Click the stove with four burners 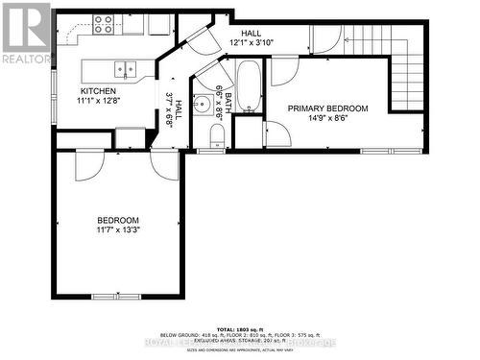104,24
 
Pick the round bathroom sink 203,106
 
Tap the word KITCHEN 99,92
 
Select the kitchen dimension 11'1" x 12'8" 99,102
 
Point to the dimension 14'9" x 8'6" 326,120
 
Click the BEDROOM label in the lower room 117,220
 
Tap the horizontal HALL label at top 251,34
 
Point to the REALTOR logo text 26,59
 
